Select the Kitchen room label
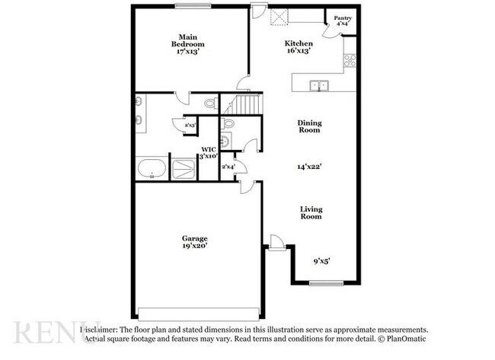tap(298, 43)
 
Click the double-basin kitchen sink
tap(318, 84)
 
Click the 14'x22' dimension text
tap(309, 166)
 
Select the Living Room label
tap(310, 212)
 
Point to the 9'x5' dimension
tap(321, 261)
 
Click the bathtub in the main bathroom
tap(152, 168)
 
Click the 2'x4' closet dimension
tap(228, 166)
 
